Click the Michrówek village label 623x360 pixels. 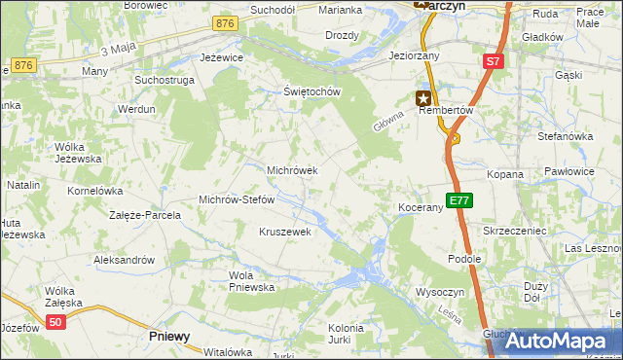tap(292, 170)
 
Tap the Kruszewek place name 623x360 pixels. tap(284, 232)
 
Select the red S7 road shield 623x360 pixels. tap(493, 61)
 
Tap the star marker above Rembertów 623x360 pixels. tap(423, 96)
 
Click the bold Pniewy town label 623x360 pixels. tap(169, 336)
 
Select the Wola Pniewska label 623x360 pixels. tap(251, 281)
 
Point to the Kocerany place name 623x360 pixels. tap(421, 208)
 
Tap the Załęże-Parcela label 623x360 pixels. tap(145, 215)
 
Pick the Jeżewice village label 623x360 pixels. tap(221, 58)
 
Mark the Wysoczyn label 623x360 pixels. tap(443, 292)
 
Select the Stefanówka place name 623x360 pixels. tap(565, 136)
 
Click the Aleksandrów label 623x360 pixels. tap(124, 260)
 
